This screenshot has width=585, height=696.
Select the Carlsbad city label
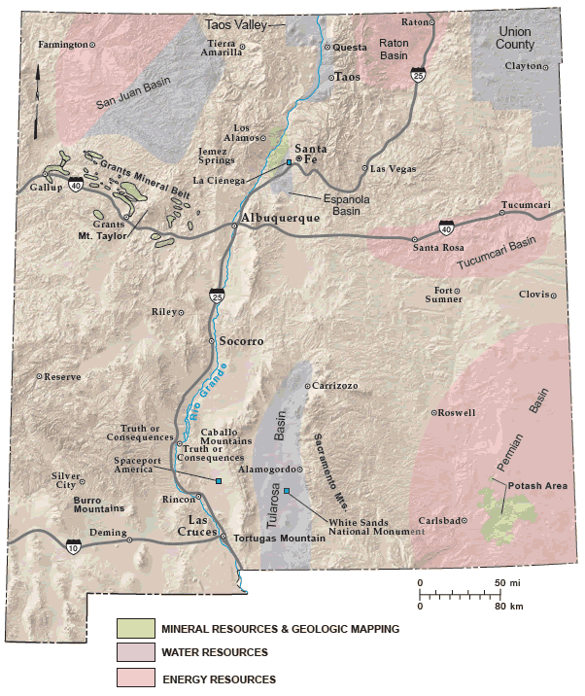click(438, 520)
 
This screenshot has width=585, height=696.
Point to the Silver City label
click(64, 480)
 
